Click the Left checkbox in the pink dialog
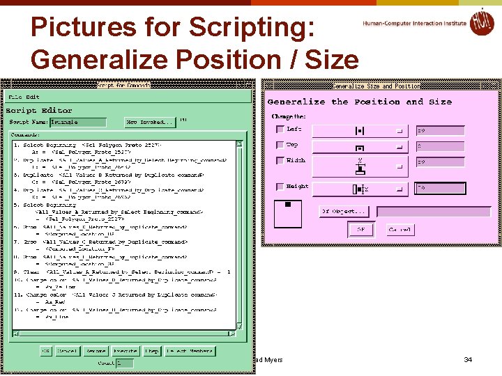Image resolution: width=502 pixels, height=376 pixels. pyautogui.click(x=280, y=130)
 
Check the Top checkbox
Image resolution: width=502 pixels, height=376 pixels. pyautogui.click(x=280, y=146)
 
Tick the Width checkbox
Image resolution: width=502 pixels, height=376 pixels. pyautogui.click(x=280, y=161)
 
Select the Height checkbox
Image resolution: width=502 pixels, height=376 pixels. pyautogui.click(x=280, y=187)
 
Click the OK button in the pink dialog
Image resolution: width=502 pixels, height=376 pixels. pyautogui.click(x=360, y=229)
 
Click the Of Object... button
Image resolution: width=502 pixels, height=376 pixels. pyautogui.click(x=344, y=211)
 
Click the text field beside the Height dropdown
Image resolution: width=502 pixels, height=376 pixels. pyautogui.click(x=439, y=187)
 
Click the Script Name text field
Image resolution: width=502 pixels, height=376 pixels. pyautogui.click(x=77, y=122)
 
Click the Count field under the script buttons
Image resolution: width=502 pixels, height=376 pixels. pyautogui.click(x=125, y=363)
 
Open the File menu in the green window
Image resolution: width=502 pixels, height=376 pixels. pyautogui.click(x=15, y=97)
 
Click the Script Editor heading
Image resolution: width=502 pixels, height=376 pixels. pyautogui.click(x=39, y=110)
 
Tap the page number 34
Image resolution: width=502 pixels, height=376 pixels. pyautogui.click(x=468, y=360)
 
